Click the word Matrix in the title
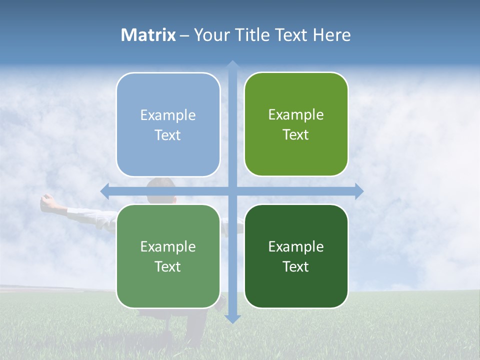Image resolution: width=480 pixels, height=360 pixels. pyautogui.click(x=148, y=35)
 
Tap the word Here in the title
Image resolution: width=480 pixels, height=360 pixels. pyautogui.click(x=331, y=35)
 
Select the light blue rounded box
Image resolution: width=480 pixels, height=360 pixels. pyautogui.click(x=168, y=124)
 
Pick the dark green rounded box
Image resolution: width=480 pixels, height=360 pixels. pyautogui.click(x=296, y=256)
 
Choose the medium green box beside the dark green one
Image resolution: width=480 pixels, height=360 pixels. pyautogui.click(x=168, y=256)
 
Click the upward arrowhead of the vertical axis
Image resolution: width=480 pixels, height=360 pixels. pyautogui.click(x=232, y=65)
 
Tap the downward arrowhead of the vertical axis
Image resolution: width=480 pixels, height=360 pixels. pyautogui.click(x=232, y=318)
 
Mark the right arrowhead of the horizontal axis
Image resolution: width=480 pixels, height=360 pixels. pyautogui.click(x=358, y=191)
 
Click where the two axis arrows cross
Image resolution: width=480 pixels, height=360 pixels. pyautogui.click(x=232, y=191)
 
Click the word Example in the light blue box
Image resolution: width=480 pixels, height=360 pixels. pyautogui.click(x=168, y=115)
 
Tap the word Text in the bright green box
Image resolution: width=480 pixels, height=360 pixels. pyautogui.click(x=296, y=134)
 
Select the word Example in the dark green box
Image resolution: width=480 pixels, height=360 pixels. pyautogui.click(x=296, y=246)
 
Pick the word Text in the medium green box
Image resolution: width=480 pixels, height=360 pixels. pyautogui.click(x=168, y=266)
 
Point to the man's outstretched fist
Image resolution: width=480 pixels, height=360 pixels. pyautogui.click(x=47, y=200)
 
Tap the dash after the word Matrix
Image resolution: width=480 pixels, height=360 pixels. pyautogui.click(x=185, y=35)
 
